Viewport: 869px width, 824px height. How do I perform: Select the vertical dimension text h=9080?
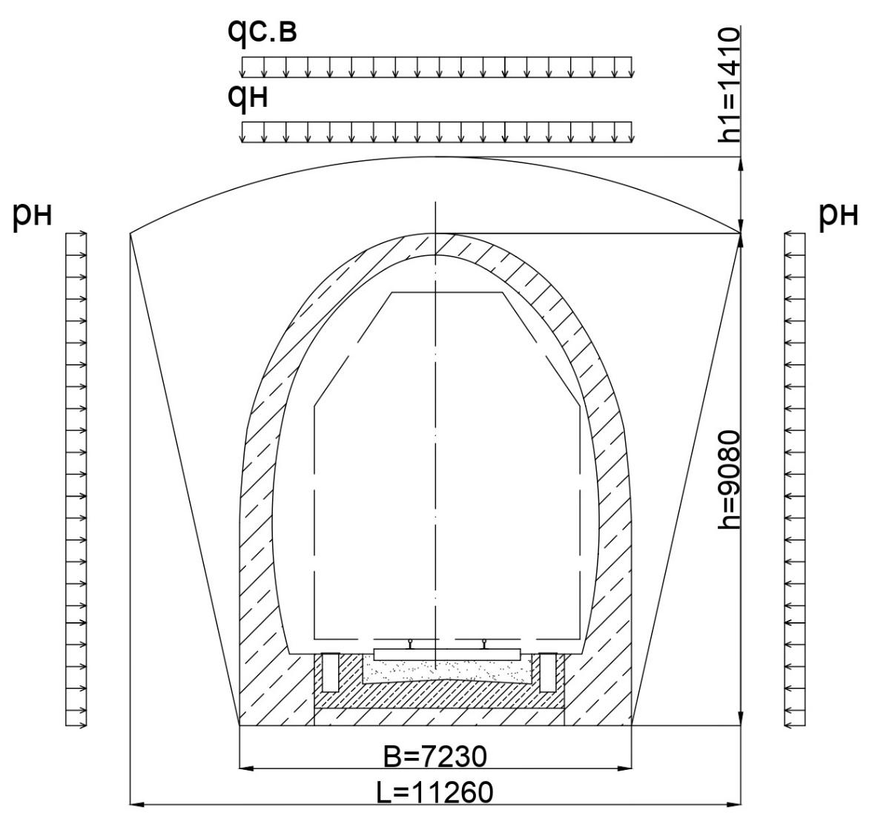[x=730, y=479]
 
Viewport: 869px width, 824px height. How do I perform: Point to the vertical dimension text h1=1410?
[x=730, y=85]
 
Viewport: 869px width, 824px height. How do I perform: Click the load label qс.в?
[x=262, y=32]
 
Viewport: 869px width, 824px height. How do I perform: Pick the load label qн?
[x=248, y=97]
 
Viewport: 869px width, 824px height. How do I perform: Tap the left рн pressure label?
[x=32, y=215]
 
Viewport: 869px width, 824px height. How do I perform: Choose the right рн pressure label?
[x=839, y=215]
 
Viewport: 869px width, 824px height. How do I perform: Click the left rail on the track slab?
[x=410, y=644]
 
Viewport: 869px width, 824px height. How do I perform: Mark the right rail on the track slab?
[x=485, y=644]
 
